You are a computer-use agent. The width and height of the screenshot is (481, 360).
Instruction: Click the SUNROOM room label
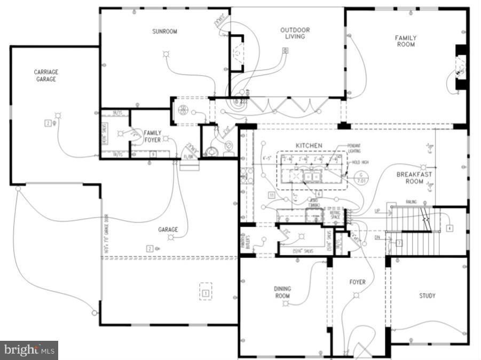coord(164,31)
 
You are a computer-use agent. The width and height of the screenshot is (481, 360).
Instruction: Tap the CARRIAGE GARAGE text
coord(46,76)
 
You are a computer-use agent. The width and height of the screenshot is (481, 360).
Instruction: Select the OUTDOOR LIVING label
coord(295,33)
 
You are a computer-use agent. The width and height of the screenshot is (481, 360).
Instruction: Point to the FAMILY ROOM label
coord(406,42)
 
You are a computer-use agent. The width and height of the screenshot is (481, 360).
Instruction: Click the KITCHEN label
coord(309,145)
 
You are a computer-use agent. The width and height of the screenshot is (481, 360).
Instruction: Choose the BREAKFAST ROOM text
coord(414,178)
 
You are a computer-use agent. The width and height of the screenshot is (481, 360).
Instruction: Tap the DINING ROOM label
coord(282,292)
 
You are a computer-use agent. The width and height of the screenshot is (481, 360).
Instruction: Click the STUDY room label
coord(427,295)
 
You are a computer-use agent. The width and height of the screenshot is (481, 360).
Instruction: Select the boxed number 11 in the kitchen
coord(272,195)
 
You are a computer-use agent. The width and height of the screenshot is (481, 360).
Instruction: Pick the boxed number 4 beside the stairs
coord(450,228)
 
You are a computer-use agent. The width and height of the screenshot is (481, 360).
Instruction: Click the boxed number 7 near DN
coord(398,243)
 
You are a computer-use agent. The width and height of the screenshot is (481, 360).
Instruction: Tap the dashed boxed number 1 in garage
coord(205,292)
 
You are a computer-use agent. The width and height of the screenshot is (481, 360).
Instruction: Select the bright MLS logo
coord(29,350)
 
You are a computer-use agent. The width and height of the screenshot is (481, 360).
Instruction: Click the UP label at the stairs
coord(377,211)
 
